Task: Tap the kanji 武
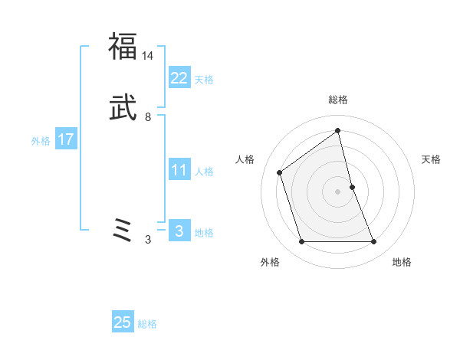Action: pyautogui.click(x=123, y=109)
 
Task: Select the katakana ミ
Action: pyautogui.click(x=123, y=230)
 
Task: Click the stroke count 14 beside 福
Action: pyautogui.click(x=148, y=56)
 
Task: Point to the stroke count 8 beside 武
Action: pyautogui.click(x=148, y=117)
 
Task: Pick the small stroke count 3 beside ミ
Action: pyautogui.click(x=148, y=240)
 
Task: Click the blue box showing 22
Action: pyautogui.click(x=179, y=77)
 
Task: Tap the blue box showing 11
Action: pyautogui.click(x=179, y=170)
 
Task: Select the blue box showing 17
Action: pyautogui.click(x=66, y=139)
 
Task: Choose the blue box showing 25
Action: pyautogui.click(x=123, y=322)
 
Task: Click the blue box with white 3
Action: pyautogui.click(x=179, y=231)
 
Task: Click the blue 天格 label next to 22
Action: pyautogui.click(x=204, y=80)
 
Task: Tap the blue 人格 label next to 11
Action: pyautogui.click(x=204, y=172)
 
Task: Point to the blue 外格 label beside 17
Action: pyautogui.click(x=41, y=141)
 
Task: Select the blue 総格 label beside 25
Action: pyautogui.click(x=147, y=324)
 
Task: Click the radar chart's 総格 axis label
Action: pyautogui.click(x=338, y=100)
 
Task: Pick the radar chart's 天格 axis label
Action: pyautogui.click(x=432, y=159)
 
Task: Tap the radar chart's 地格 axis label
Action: pyautogui.click(x=402, y=262)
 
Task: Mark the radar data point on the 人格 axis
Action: pyautogui.click(x=280, y=172)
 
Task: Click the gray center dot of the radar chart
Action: pyautogui.click(x=338, y=191)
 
